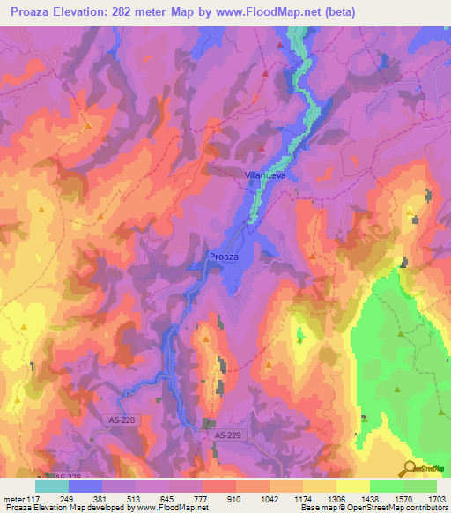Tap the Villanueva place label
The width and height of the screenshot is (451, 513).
(x=265, y=175)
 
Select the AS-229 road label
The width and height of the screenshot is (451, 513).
(x=228, y=435)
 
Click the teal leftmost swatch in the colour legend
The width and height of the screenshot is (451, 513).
(x=52, y=486)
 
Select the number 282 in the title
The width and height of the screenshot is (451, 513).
(x=132, y=11)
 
